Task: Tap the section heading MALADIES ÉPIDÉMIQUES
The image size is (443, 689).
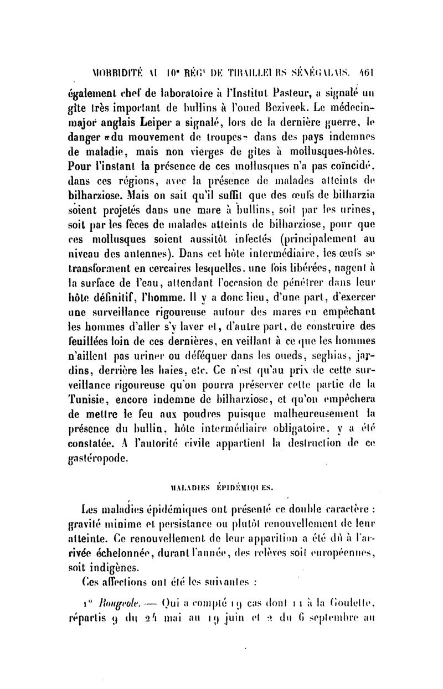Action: point(221,487)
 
